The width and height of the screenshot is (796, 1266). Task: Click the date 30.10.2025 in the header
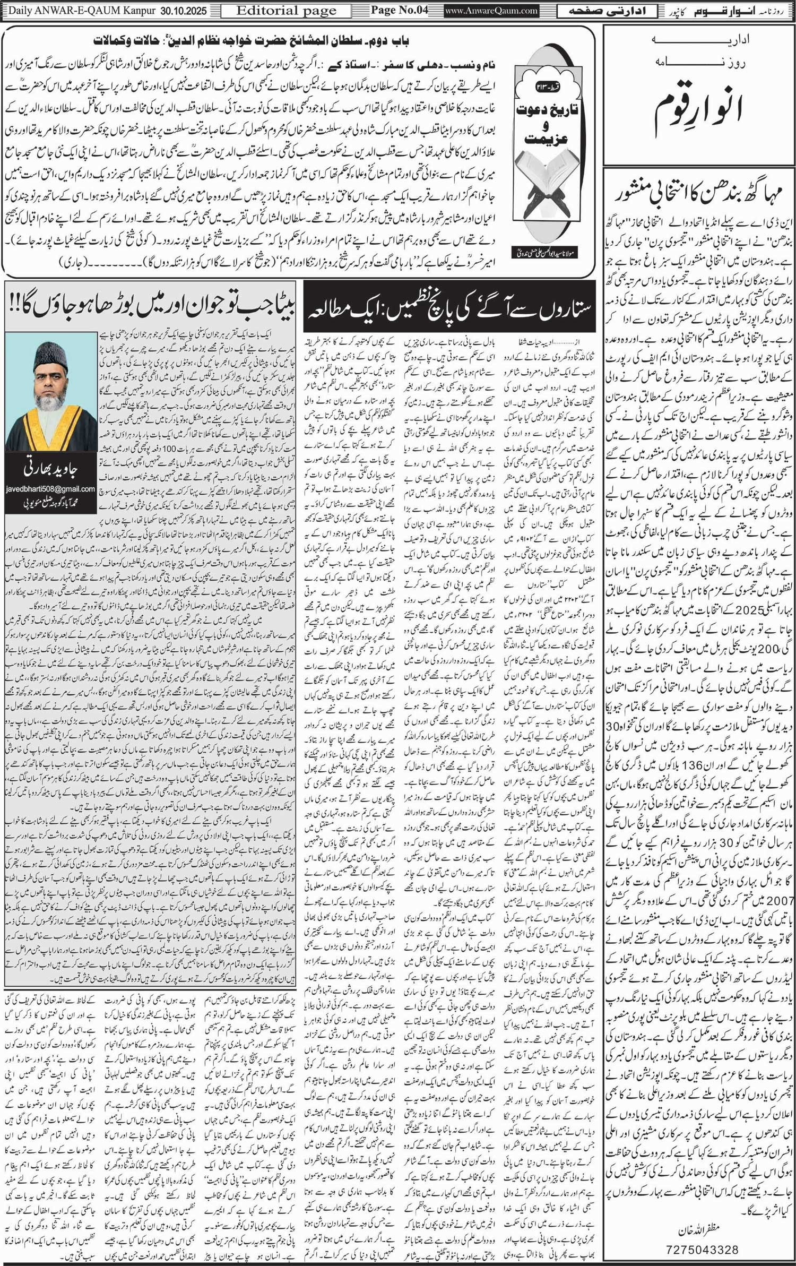(x=188, y=11)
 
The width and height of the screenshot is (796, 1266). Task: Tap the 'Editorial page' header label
(x=286, y=11)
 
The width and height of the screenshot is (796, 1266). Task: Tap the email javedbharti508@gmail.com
(x=51, y=489)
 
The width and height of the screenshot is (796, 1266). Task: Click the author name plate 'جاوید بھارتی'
(x=51, y=468)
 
